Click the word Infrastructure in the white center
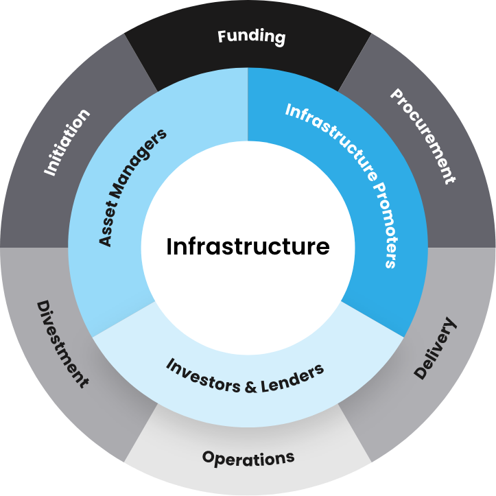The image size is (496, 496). pos(248,246)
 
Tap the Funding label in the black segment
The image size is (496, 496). pos(251,36)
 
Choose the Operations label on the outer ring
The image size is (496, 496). pos(248,458)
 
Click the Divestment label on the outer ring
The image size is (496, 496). pos(62,344)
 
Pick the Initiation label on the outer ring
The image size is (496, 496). pos(67,143)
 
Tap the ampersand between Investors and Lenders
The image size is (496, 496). pos(250,386)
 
